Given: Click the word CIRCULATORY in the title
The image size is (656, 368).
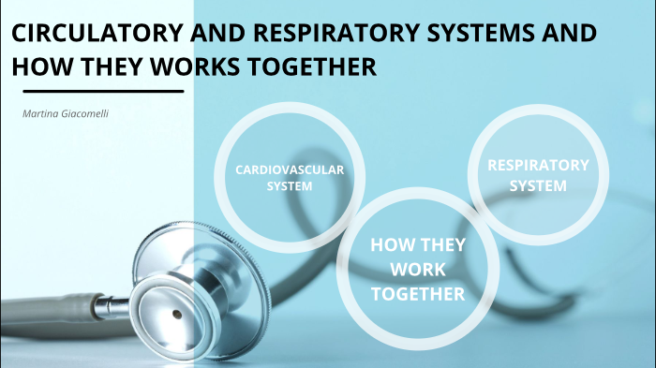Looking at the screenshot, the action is pos(93,35).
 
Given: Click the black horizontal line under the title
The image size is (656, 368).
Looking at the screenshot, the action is pos(102,91).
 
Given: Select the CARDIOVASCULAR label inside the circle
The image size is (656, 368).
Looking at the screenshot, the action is pos(290,170).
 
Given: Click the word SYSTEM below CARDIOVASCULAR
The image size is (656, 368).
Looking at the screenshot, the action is pos(290,185).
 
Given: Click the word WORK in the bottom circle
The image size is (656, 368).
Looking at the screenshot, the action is pos(418,271).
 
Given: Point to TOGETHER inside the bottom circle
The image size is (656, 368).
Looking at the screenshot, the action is pos(418,294).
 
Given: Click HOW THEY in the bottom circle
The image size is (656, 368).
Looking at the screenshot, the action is pos(418,246).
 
